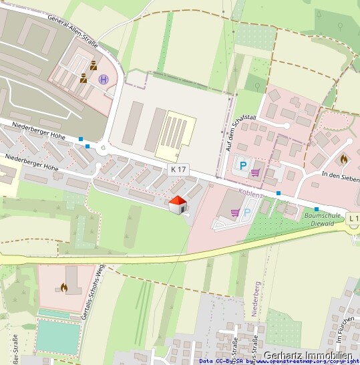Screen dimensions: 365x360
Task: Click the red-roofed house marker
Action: tap(177, 205)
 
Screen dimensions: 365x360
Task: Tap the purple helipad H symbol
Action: tap(104, 80)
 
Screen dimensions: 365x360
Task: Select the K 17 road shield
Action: tap(177, 169)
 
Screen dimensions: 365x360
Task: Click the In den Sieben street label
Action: tap(340, 174)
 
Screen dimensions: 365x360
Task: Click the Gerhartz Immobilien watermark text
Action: tap(308, 356)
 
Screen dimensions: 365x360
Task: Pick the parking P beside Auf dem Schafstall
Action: tap(242, 165)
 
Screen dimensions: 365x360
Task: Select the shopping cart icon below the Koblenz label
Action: tap(234, 213)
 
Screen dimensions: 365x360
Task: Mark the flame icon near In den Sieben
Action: tap(343, 160)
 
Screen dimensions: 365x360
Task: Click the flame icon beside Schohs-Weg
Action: tap(64, 287)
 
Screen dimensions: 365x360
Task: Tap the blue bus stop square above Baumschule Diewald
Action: tap(317, 209)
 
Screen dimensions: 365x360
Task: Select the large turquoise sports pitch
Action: tap(55, 336)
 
